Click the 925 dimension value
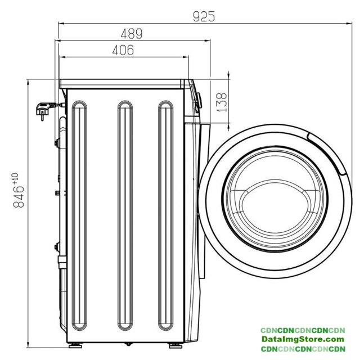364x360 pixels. (x=204, y=16)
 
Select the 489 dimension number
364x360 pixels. (x=132, y=34)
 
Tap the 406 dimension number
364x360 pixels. (x=123, y=50)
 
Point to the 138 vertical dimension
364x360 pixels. (x=221, y=102)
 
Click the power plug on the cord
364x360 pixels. (x=43, y=111)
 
